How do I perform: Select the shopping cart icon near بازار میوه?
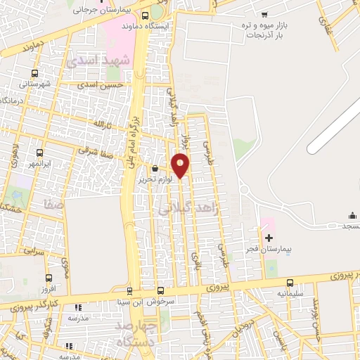pyautogui.click(x=264, y=14)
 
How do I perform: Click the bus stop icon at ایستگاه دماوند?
pyautogui.click(x=145, y=15)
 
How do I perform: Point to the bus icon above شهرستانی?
pyautogui.click(x=34, y=73)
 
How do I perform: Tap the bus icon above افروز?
pyautogui.click(x=49, y=278)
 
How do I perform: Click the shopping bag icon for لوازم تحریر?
pyautogui.click(x=155, y=169)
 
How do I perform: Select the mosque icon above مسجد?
pyautogui.click(x=352, y=215)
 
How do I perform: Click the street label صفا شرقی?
pyautogui.click(x=75, y=150)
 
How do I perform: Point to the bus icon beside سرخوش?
pyautogui.click(x=161, y=290)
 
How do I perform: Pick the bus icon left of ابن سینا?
pyautogui.click(x=129, y=290)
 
